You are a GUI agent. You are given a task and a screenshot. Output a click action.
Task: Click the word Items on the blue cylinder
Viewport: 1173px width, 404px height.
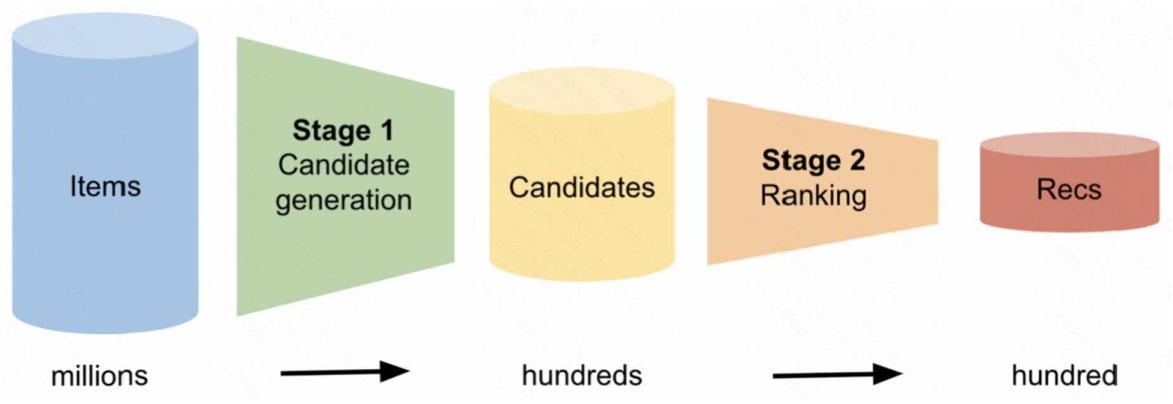pos(105,186)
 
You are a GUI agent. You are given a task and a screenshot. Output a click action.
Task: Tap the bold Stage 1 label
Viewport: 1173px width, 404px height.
pos(343,131)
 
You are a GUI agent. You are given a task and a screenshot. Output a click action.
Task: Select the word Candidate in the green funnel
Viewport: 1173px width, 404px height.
pos(343,165)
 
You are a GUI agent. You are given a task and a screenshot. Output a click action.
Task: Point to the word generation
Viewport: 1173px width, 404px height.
pos(343,200)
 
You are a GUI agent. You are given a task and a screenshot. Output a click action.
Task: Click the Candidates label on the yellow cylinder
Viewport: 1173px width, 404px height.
pos(582,188)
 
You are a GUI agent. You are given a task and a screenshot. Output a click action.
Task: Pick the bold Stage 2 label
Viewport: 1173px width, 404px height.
pos(813,160)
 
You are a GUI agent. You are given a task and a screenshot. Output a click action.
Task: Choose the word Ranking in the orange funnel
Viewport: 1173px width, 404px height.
pos(813,195)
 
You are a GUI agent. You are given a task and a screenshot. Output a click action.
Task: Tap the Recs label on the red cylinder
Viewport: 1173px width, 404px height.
pos(1069,190)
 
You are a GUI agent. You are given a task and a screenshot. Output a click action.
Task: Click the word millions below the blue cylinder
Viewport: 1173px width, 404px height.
pos(99,376)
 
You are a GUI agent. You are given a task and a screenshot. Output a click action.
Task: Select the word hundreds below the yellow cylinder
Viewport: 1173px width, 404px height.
pos(582,375)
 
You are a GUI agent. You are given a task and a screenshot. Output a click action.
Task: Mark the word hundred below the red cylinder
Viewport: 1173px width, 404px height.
pos(1065,375)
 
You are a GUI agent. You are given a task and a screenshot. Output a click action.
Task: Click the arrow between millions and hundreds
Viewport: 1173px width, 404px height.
pos(345,372)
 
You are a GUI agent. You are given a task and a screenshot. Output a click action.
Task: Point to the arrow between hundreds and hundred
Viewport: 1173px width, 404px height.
pos(837,375)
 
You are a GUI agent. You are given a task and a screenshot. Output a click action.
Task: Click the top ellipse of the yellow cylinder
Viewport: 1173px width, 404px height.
pos(582,91)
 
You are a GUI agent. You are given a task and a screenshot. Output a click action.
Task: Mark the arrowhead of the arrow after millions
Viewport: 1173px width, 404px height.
pos(394,372)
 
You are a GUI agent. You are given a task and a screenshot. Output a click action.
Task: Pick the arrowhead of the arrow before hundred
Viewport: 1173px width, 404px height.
pos(887,374)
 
